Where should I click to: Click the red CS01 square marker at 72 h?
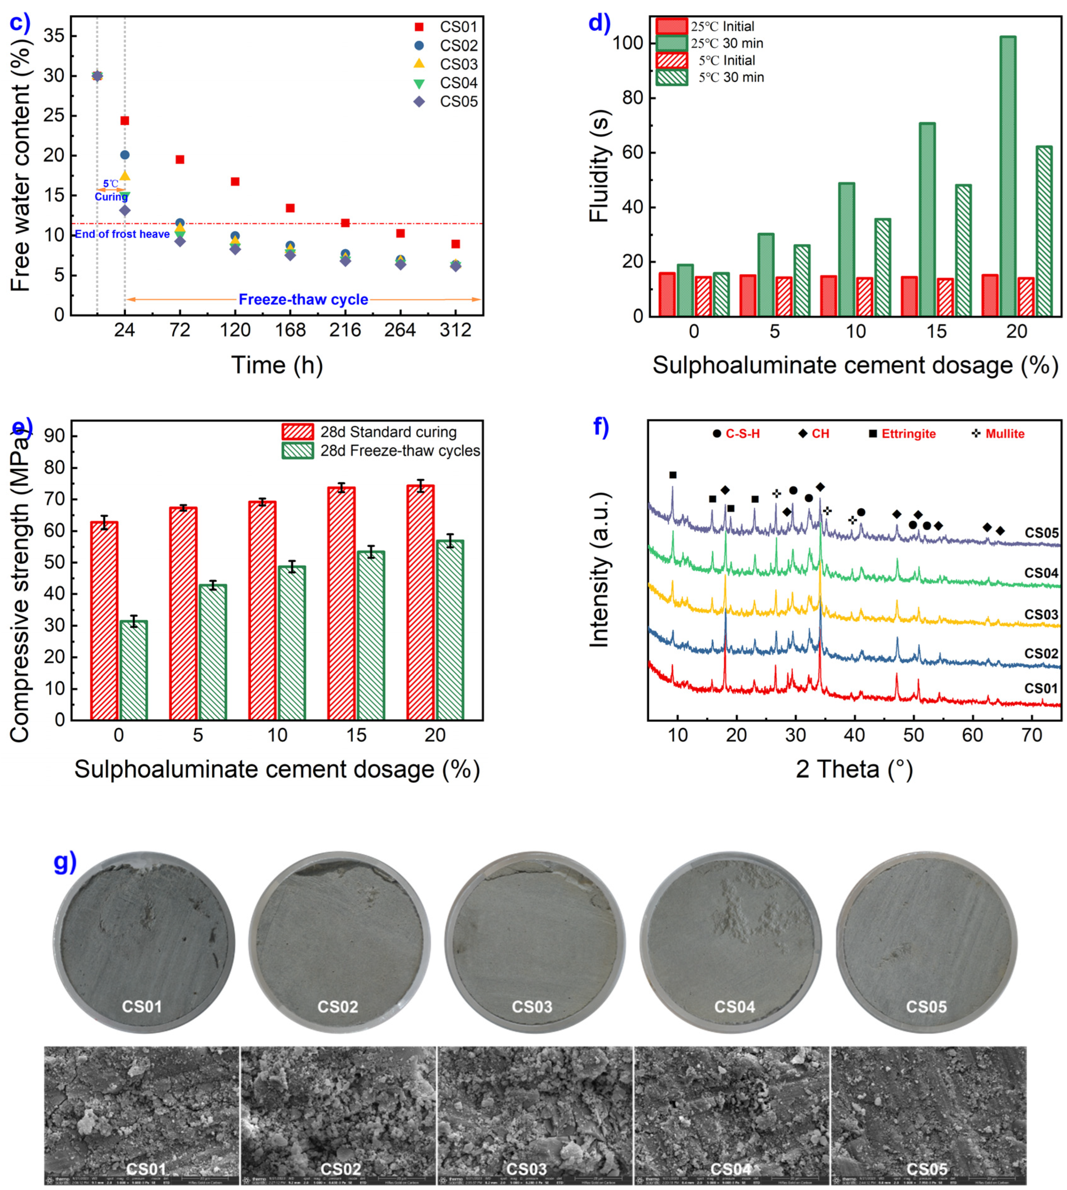pyautogui.click(x=180, y=160)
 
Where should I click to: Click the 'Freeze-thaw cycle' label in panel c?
pyautogui.click(x=303, y=300)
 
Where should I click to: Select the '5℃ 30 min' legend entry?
pyautogui.click(x=730, y=78)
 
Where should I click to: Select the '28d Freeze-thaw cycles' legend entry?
pyautogui.click(x=400, y=451)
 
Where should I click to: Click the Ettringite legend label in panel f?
pyautogui.click(x=908, y=434)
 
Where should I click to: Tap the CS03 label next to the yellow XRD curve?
pyautogui.click(x=1041, y=614)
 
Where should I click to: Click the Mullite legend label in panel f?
pyautogui.click(x=1004, y=434)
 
